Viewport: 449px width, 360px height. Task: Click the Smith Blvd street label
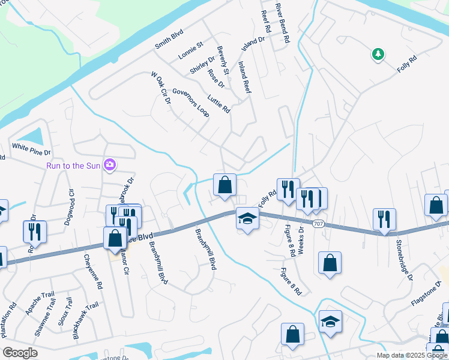click(x=169, y=40)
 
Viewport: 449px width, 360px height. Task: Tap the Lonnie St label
click(x=191, y=50)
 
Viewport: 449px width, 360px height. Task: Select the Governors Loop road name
click(x=190, y=103)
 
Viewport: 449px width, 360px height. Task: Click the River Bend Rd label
click(x=283, y=23)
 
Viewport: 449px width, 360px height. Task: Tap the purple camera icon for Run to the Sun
click(x=109, y=164)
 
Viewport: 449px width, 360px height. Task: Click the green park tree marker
click(x=378, y=55)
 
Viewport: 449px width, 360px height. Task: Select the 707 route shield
click(x=319, y=223)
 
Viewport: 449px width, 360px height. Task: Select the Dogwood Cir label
click(x=68, y=206)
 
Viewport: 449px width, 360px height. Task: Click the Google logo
click(x=20, y=353)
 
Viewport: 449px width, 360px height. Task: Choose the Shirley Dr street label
click(x=202, y=65)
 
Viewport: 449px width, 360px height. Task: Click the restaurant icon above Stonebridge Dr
click(x=384, y=220)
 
